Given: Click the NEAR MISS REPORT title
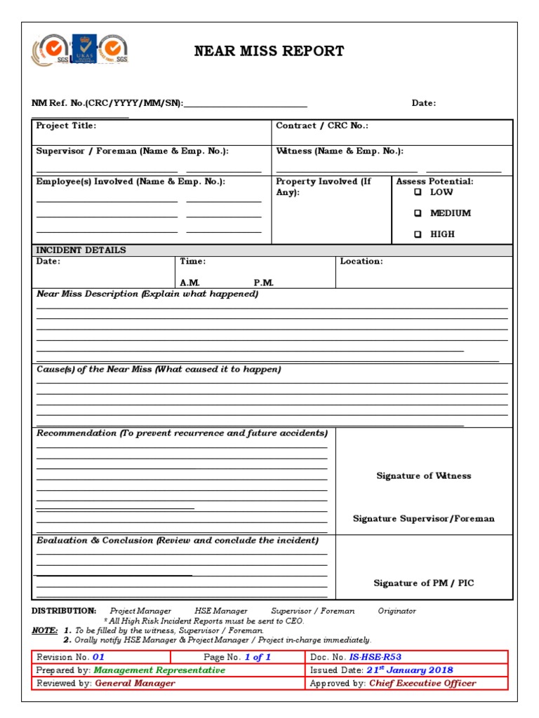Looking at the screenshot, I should pyautogui.click(x=269, y=51).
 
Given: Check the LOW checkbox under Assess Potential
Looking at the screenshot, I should pyautogui.click(x=418, y=192).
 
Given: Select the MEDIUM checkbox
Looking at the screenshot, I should pyautogui.click(x=418, y=213).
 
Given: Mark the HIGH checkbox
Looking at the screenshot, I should pyautogui.click(x=418, y=235).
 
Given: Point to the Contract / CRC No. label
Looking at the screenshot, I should pyautogui.click(x=321, y=126).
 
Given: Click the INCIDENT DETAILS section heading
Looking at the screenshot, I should pyautogui.click(x=81, y=250).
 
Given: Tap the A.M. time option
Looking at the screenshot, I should pyautogui.click(x=190, y=283).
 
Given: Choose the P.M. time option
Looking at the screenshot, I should pyautogui.click(x=264, y=283).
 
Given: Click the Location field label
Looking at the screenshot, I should pyautogui.click(x=361, y=262).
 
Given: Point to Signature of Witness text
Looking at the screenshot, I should pyautogui.click(x=423, y=476).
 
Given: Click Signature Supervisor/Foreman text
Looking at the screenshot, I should pyautogui.click(x=423, y=519).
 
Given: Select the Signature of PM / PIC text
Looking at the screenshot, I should pyautogui.click(x=423, y=583).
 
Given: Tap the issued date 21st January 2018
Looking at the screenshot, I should pyautogui.click(x=409, y=670).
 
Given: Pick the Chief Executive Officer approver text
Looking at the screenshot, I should pyautogui.click(x=422, y=683).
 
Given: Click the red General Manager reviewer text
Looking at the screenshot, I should pyautogui.click(x=135, y=683).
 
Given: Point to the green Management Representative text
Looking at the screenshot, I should pyautogui.click(x=159, y=670).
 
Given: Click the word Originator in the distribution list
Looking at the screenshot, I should pyautogui.click(x=397, y=611).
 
